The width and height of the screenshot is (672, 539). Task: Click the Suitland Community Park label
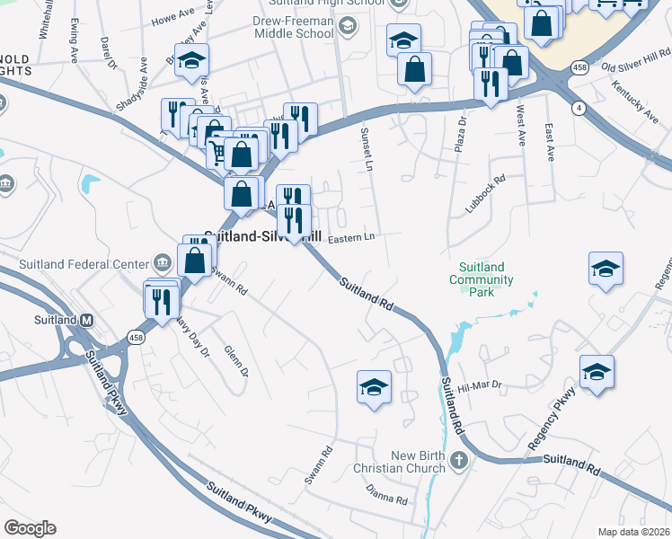click(487, 279)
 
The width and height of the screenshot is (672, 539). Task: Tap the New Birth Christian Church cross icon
click(459, 462)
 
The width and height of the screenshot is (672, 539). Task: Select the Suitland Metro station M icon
click(87, 320)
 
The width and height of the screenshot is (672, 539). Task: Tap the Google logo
click(30, 528)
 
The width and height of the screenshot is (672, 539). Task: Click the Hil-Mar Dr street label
click(478, 385)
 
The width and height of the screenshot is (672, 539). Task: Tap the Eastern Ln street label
click(350, 238)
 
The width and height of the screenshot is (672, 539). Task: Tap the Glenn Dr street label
click(235, 360)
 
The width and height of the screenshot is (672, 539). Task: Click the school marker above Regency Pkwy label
click(597, 372)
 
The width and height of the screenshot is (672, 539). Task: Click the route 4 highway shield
click(580, 109)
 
